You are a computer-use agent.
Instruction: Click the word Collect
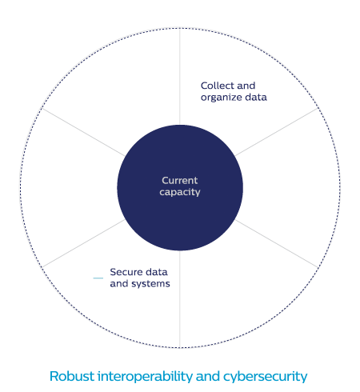[218, 86]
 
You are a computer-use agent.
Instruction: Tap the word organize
[222, 98]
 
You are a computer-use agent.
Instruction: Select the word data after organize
[256, 97]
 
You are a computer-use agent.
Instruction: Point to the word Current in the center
[180, 181]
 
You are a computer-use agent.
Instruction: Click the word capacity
[180, 192]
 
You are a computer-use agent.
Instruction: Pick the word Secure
[126, 272]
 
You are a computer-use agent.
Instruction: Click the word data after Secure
[157, 272]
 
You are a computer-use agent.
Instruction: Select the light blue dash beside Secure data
[98, 278]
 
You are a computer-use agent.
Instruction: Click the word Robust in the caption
[72, 376]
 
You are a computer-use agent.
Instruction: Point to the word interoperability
[145, 377]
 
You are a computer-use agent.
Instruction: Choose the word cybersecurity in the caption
[266, 377]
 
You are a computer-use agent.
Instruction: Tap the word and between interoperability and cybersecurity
[208, 376]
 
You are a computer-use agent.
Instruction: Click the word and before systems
[119, 284]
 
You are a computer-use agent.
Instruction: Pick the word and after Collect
[246, 86]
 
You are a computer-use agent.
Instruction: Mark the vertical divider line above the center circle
[180, 77]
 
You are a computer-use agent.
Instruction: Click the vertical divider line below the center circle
[180, 299]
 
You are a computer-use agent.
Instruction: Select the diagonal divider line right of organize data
[277, 132]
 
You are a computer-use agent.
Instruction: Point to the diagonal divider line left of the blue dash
[83, 243]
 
